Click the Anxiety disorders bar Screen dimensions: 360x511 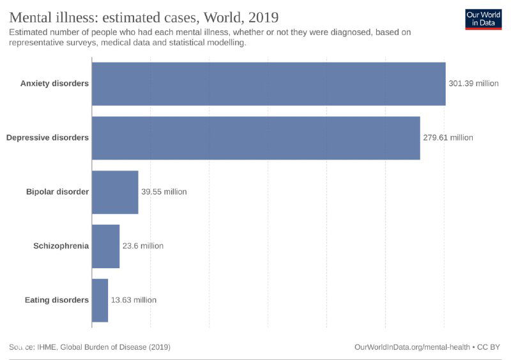pos(268,84)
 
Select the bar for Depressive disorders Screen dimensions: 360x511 pos(256,138)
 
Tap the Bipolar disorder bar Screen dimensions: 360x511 pos(115,192)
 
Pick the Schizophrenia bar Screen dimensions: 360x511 pos(105,246)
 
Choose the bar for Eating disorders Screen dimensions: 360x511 pos(100,300)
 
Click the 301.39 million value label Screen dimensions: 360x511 pos(473,84)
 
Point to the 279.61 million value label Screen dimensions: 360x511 pos(448,138)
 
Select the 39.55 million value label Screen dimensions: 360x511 pos(164,192)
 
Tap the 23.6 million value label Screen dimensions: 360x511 pos(142,246)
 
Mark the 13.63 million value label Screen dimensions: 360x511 pos(133,300)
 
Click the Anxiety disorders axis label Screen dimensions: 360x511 pos(54,84)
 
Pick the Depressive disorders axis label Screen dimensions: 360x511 pos(47,138)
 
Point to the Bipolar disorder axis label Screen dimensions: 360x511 pos(57,192)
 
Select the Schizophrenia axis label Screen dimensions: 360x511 pos(61,246)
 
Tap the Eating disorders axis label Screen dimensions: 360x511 pos(56,300)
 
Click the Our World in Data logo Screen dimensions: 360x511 pos(483,19)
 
